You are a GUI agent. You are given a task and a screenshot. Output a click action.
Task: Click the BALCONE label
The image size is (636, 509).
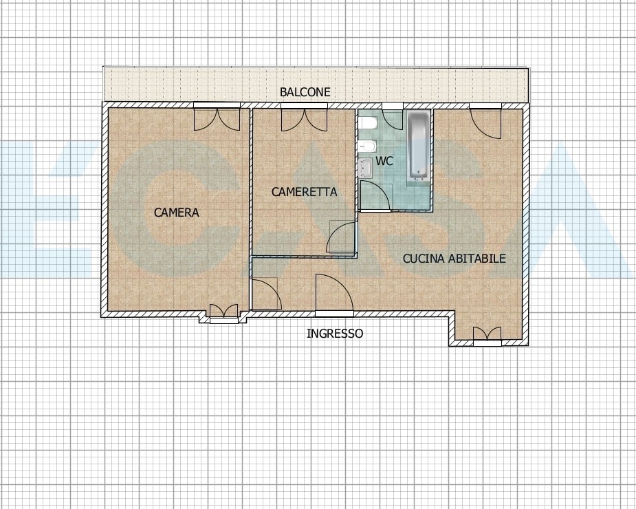click(x=305, y=92)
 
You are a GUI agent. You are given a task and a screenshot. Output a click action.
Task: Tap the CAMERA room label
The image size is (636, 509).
click(x=177, y=213)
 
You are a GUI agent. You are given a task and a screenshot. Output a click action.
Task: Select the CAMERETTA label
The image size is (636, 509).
click(x=304, y=192)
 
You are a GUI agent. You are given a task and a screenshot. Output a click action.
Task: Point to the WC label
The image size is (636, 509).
click(x=384, y=161)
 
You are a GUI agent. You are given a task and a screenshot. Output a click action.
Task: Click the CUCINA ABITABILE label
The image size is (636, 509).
click(x=454, y=259)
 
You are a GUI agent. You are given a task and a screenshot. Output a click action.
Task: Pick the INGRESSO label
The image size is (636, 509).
click(x=335, y=334)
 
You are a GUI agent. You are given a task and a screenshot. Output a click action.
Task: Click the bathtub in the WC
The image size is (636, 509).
click(x=418, y=146)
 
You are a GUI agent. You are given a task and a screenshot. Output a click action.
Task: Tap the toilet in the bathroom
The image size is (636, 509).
click(x=368, y=122)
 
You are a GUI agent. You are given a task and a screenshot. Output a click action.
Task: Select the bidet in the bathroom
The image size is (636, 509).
click(x=368, y=145)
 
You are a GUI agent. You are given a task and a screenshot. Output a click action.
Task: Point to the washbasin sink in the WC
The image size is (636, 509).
click(x=366, y=168)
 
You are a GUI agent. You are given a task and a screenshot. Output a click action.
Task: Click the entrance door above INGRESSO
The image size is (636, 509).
click(x=334, y=293)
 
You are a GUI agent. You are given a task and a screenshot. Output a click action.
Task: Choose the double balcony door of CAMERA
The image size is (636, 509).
click(x=217, y=118)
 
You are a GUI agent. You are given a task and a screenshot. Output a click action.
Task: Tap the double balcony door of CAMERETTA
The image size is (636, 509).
click(x=304, y=118)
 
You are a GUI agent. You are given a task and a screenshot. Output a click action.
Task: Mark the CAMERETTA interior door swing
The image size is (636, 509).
click(x=342, y=237)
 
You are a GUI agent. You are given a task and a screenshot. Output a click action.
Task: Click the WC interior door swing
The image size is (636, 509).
click(x=375, y=196)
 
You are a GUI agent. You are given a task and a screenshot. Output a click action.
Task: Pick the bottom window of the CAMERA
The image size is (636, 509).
click(x=223, y=314)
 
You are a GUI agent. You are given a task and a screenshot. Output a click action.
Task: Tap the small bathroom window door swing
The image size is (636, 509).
click(x=393, y=118)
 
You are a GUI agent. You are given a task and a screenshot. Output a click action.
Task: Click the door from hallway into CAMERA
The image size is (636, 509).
click(x=267, y=294)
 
